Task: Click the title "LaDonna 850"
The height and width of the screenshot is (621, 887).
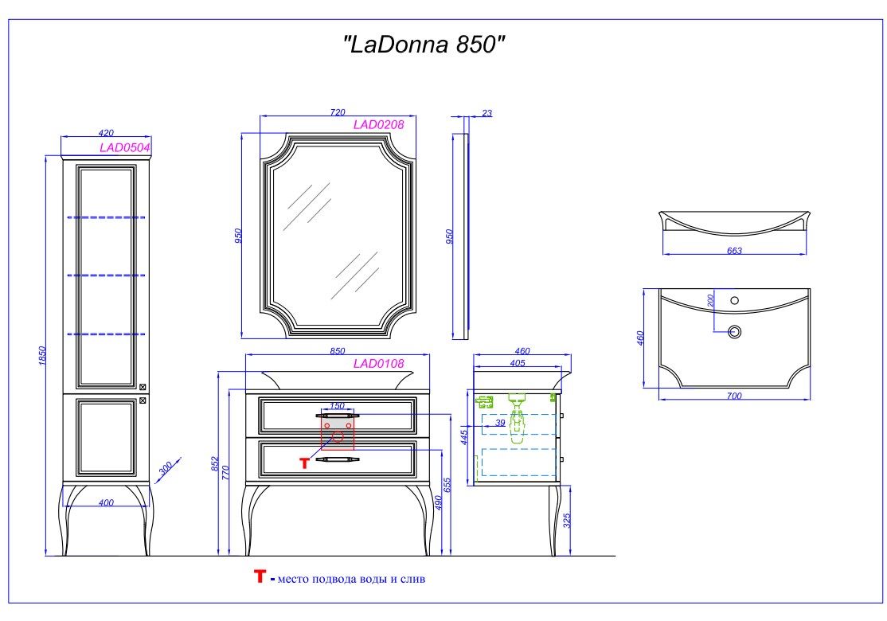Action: (x=424, y=45)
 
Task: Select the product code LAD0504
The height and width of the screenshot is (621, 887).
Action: (x=125, y=147)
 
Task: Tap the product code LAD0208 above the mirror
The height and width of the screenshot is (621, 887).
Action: (x=378, y=124)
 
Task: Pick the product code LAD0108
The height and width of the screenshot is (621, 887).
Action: (x=378, y=364)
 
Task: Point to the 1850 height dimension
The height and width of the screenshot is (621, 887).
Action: (x=44, y=356)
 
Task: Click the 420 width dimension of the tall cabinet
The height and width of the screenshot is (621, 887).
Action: (x=106, y=133)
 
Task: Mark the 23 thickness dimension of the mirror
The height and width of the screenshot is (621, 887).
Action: (x=487, y=113)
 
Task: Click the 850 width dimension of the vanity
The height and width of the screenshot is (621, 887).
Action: (x=337, y=351)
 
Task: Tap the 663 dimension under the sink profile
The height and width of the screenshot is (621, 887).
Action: (x=734, y=251)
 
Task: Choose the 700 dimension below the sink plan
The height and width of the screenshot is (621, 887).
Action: (x=734, y=396)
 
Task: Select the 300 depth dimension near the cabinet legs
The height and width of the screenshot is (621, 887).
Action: (x=166, y=469)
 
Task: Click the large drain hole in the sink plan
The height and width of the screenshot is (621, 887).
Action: (x=735, y=331)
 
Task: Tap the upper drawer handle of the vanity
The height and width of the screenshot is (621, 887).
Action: (x=337, y=415)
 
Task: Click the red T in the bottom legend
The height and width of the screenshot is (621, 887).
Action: (x=259, y=576)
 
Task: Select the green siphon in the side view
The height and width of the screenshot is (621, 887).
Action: (x=517, y=418)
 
